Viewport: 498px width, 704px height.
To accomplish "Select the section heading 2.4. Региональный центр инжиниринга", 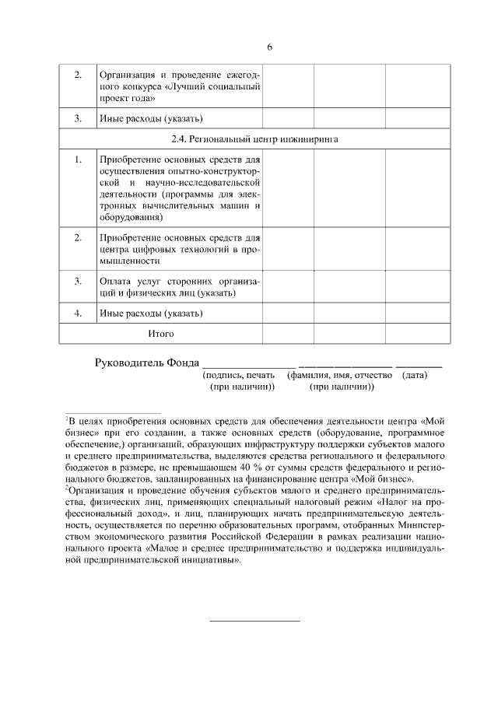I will [x=254, y=139].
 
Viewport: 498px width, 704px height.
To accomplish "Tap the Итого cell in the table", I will [x=161, y=333].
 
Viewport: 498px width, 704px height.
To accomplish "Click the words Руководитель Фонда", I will [x=146, y=362].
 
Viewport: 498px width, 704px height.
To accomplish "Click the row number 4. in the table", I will [x=78, y=313].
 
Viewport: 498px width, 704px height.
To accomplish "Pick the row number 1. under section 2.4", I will [x=78, y=159].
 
